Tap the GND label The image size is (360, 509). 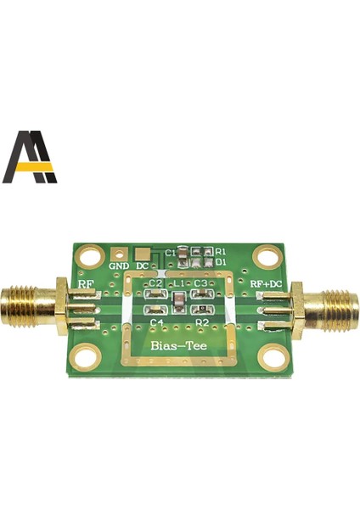tap(119, 266)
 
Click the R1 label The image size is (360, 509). tap(221, 252)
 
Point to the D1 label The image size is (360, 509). tap(221, 262)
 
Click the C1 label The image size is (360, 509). tap(170, 253)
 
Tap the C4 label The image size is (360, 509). tap(156, 323)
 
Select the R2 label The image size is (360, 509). tap(202, 323)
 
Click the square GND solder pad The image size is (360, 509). tap(121, 254)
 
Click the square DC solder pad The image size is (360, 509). tap(143, 254)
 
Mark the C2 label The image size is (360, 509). tap(155, 282)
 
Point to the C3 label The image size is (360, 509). tap(200, 282)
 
